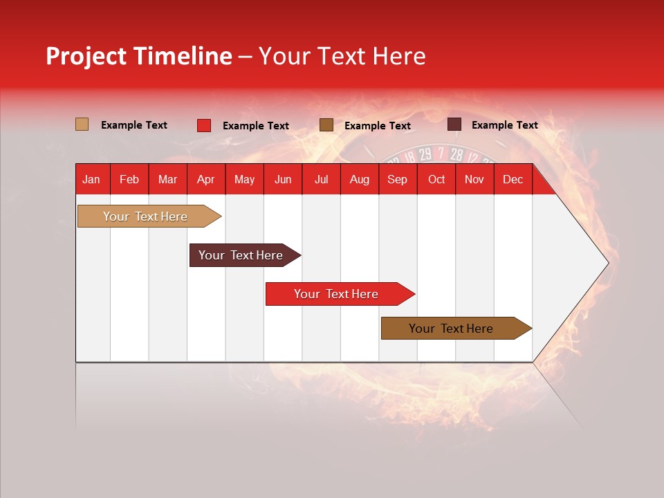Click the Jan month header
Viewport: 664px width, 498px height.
pyautogui.click(x=91, y=179)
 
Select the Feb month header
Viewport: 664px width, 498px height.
pyautogui.click(x=129, y=179)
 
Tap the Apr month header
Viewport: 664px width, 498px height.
pyautogui.click(x=205, y=179)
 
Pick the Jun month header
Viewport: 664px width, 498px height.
pyautogui.click(x=283, y=179)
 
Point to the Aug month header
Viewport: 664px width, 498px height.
pyautogui.click(x=359, y=179)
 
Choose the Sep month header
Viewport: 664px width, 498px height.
pyautogui.click(x=397, y=179)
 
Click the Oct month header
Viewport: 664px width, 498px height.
pyautogui.click(x=436, y=179)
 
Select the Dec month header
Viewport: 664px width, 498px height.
pyautogui.click(x=513, y=179)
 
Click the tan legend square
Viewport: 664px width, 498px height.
pyautogui.click(x=82, y=124)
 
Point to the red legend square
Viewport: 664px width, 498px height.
pyautogui.click(x=204, y=125)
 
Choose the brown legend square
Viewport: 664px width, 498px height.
pyautogui.click(x=326, y=125)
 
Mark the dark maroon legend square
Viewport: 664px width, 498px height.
pyautogui.click(x=454, y=124)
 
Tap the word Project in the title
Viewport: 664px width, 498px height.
pyautogui.click(x=86, y=56)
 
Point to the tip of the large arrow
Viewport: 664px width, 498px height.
pyautogui.click(x=607, y=262)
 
